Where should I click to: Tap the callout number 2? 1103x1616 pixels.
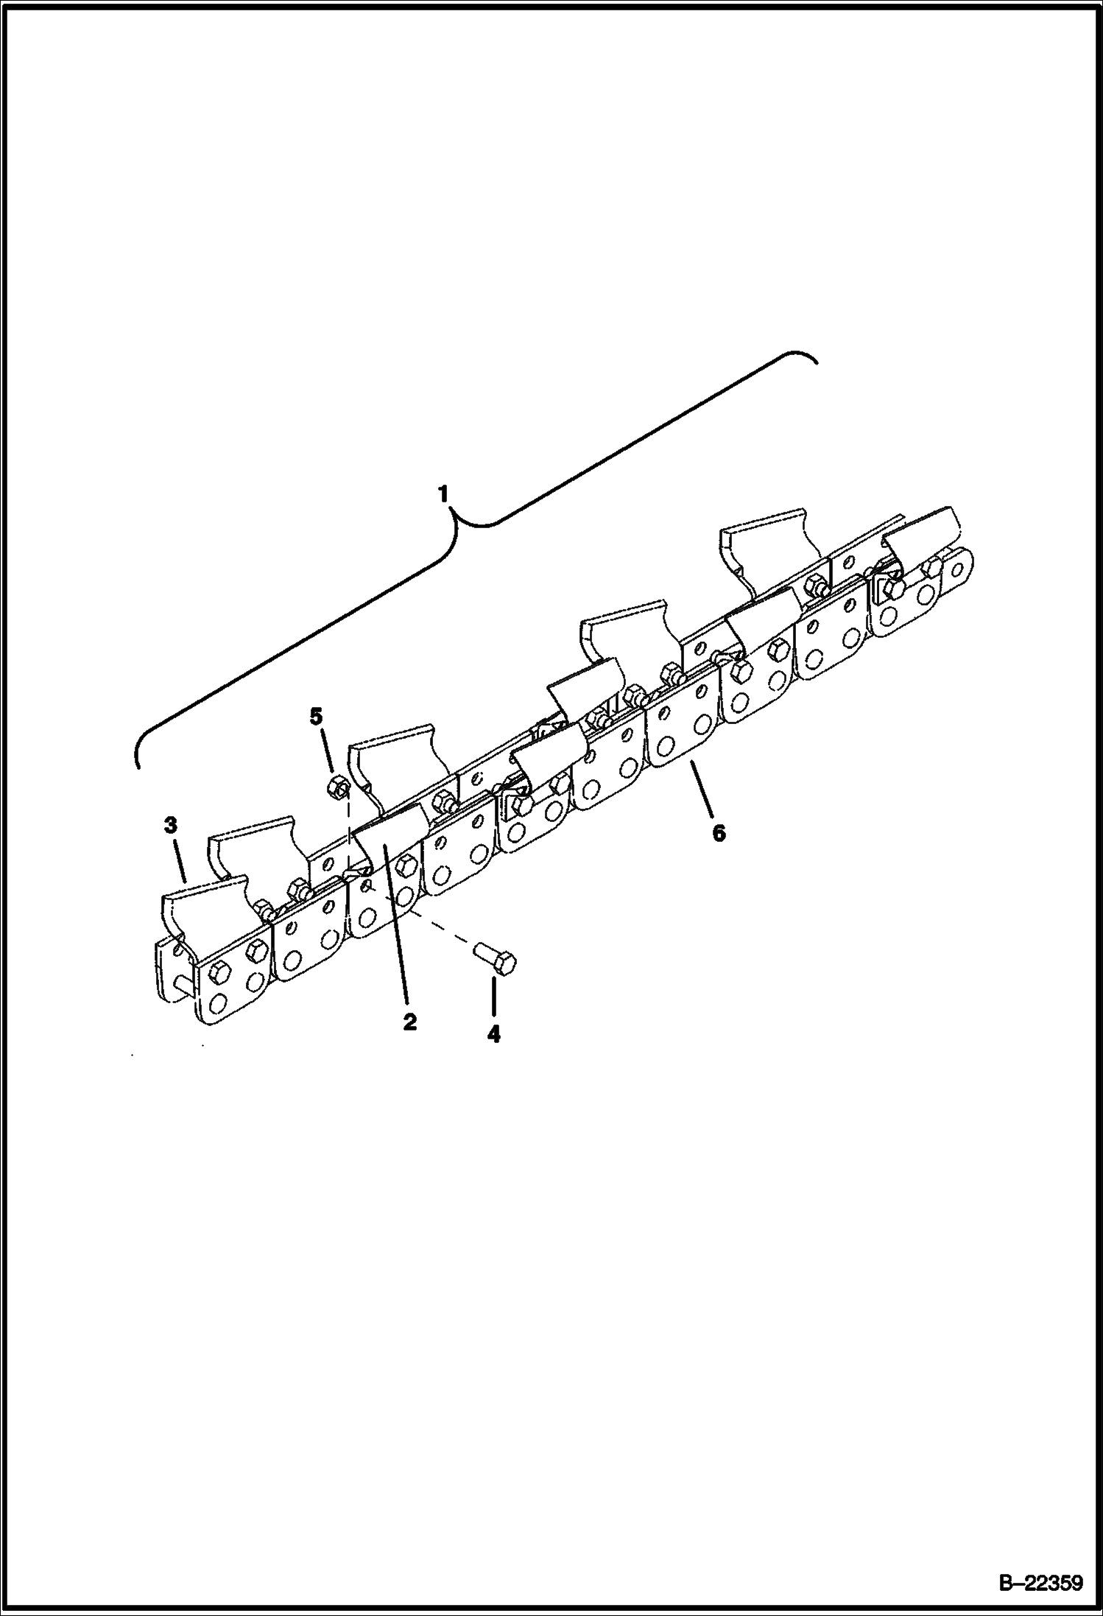409,1022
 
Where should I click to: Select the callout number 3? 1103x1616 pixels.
170,826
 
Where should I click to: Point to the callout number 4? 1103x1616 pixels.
493,1034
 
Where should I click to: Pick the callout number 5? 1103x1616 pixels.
316,715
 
